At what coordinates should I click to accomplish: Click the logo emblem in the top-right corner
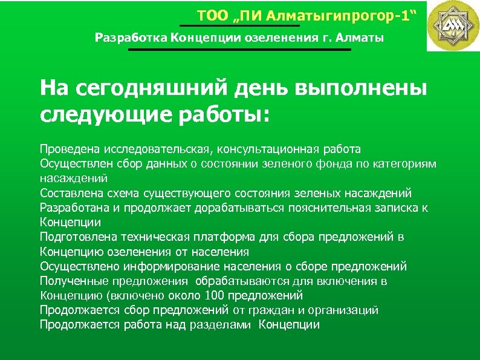pos(453,26)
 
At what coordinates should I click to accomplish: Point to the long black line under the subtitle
pos(239,50)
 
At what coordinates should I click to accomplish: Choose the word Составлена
pos(68,193)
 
